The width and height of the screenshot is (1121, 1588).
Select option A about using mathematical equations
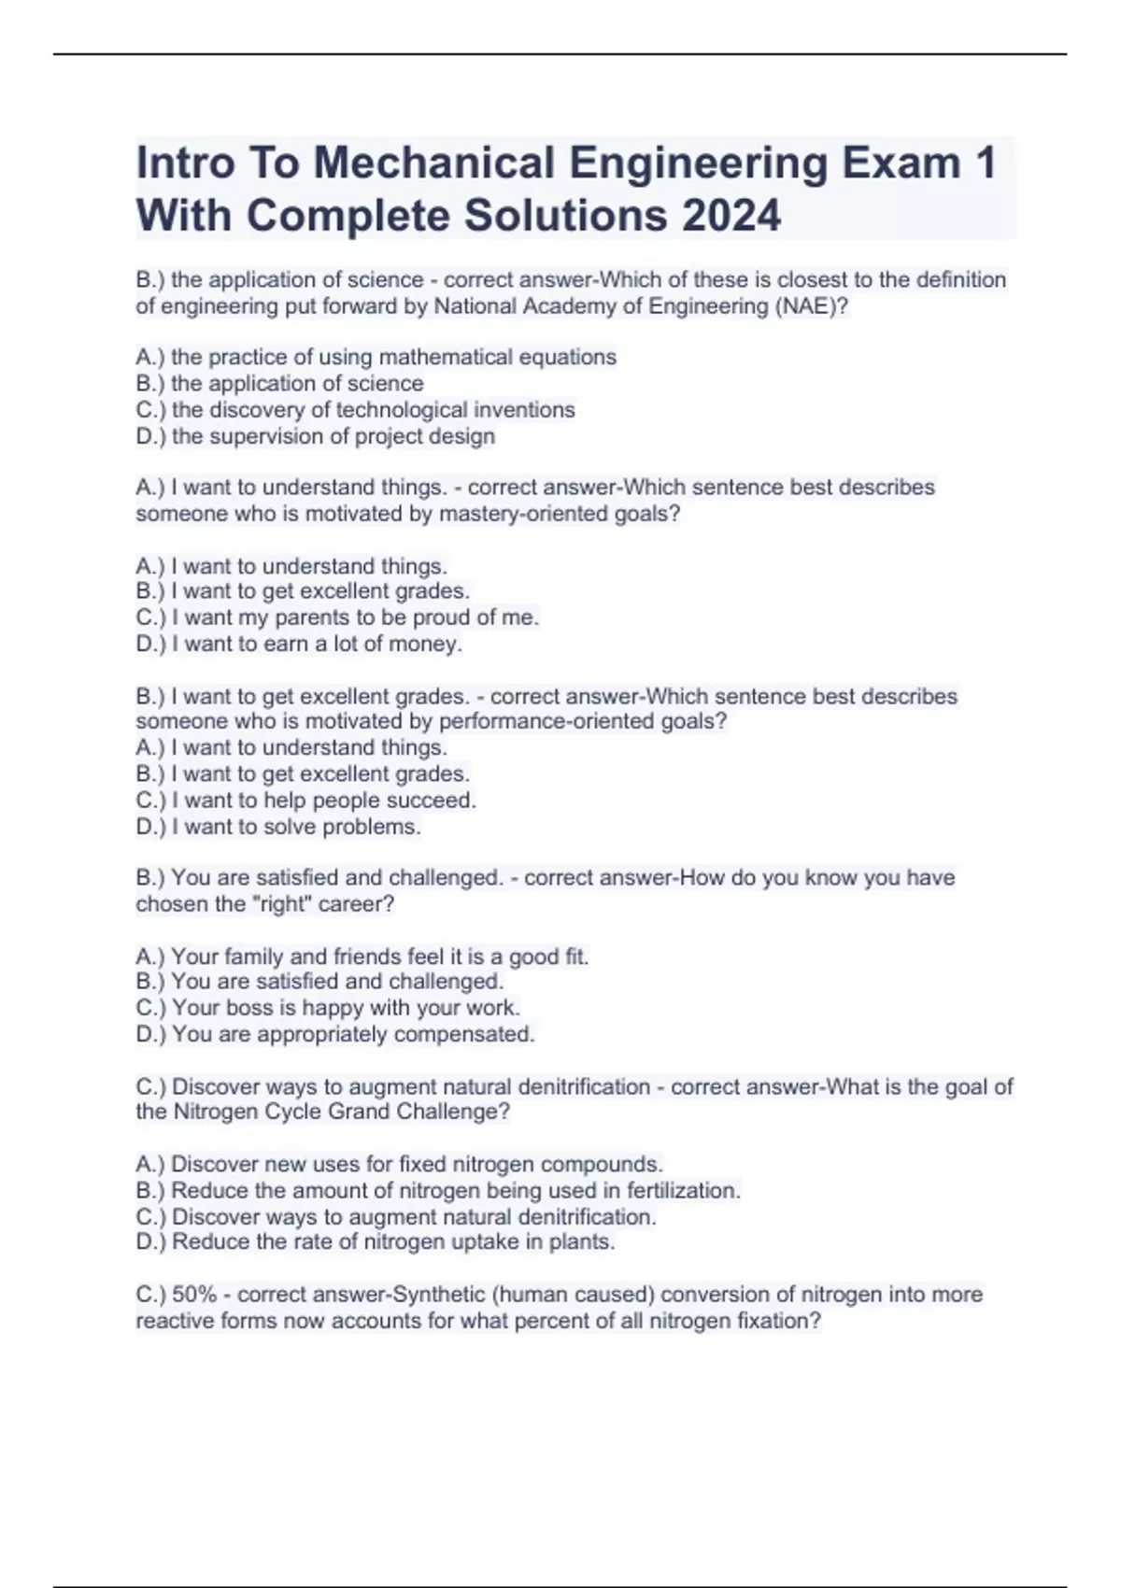coord(376,357)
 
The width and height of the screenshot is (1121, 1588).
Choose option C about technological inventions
coord(355,410)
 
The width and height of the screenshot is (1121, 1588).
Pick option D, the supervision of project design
coord(315,436)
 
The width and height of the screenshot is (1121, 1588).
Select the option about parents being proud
coord(337,617)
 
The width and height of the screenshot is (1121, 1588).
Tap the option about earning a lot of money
coord(299,644)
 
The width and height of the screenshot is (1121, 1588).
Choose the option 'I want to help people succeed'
coord(305,801)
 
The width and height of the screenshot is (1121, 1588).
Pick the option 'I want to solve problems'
coord(278,827)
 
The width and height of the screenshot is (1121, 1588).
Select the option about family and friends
coord(362,957)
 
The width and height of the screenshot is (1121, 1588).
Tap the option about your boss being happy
coord(328,1008)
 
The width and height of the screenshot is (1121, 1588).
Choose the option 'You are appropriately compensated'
coord(335,1034)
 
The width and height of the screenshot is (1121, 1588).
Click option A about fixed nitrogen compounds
coord(399,1164)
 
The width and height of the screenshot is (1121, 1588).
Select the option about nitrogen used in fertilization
coord(438,1191)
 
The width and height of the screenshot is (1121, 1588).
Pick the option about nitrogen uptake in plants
coord(376,1242)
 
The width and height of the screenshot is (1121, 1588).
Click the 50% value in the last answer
coord(194,1295)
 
